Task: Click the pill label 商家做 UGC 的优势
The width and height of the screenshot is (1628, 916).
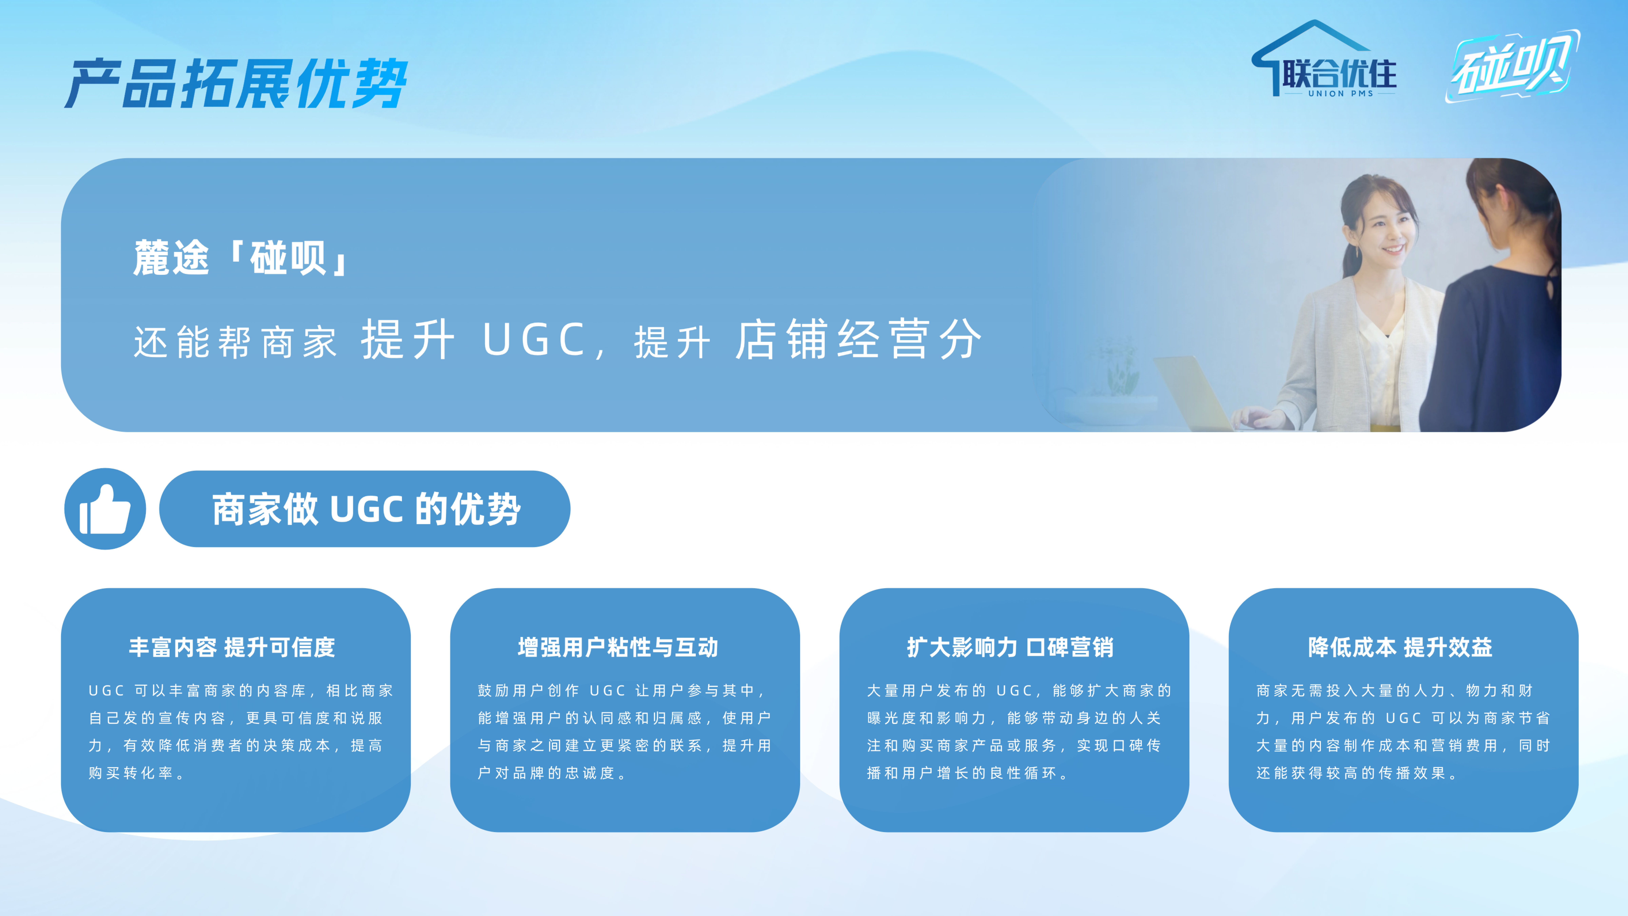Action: click(x=365, y=509)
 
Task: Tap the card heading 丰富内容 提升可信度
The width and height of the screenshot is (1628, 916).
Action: click(x=232, y=647)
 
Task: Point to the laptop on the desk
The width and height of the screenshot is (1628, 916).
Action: click(x=1194, y=392)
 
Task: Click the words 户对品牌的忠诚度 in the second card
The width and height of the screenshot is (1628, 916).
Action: click(x=546, y=773)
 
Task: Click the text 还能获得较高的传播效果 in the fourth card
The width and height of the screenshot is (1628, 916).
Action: click(x=1351, y=773)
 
